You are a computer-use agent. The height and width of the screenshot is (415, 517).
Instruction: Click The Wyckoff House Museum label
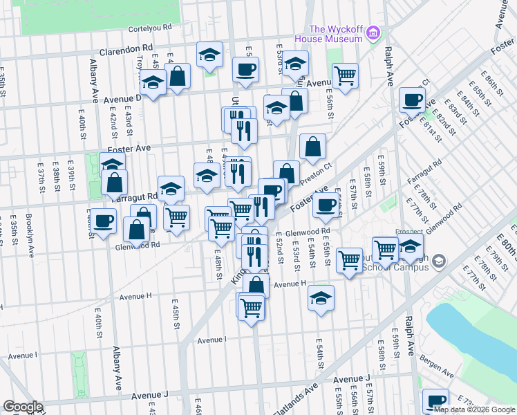point(335,34)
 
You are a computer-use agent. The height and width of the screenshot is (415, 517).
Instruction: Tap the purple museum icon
point(373,33)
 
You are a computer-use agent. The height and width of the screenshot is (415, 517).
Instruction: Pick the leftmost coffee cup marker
point(104,221)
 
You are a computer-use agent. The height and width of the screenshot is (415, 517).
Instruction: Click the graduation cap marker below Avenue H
point(321,297)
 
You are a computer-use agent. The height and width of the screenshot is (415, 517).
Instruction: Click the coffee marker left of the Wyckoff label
point(245,69)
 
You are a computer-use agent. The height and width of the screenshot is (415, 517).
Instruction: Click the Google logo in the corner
point(23,407)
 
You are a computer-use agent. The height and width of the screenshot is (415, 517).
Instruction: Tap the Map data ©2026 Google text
point(475,409)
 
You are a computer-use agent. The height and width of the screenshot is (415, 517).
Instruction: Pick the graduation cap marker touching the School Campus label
point(411,246)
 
